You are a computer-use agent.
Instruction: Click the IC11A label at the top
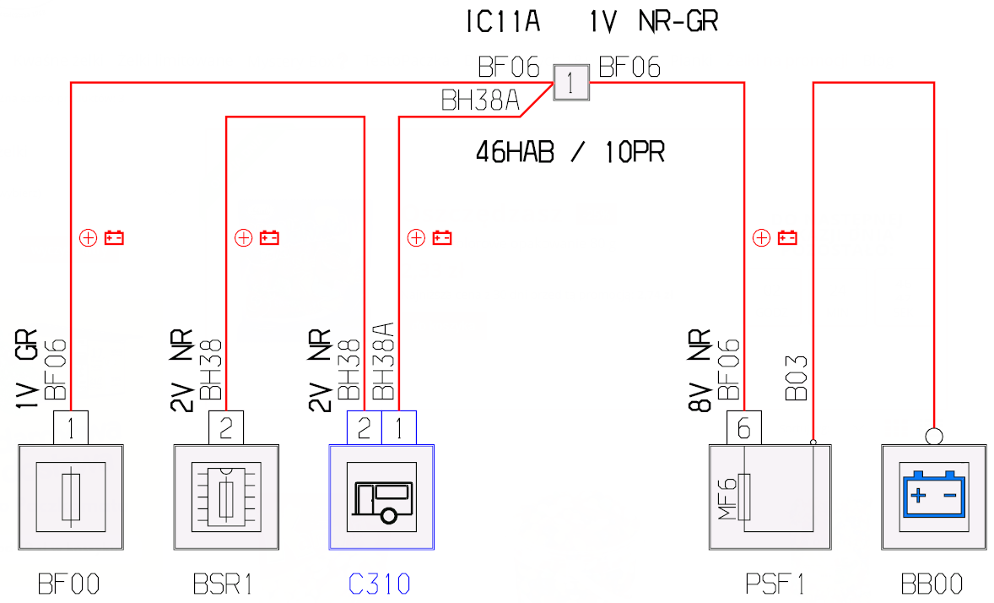[504, 21]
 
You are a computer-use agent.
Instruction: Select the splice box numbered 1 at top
[571, 83]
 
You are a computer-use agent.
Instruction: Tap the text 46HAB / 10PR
[570, 152]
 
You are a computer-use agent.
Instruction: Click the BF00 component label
[68, 584]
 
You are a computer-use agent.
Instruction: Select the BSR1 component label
[223, 584]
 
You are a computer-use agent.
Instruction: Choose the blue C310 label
[379, 584]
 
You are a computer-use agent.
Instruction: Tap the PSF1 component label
[774, 584]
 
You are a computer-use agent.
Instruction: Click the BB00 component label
[932, 584]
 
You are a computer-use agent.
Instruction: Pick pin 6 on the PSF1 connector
[744, 428]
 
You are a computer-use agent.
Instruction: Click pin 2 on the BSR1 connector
[226, 428]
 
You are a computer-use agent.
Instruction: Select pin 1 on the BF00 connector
[70, 428]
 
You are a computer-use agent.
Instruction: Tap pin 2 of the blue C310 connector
[365, 428]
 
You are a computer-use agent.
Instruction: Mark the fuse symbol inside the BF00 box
[71, 497]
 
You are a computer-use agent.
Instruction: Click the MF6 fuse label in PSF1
[727, 498]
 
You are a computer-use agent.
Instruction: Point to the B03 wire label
[797, 378]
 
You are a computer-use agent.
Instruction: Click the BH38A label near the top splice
[480, 100]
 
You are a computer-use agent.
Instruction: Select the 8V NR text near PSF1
[700, 371]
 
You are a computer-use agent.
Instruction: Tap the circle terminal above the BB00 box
[934, 437]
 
